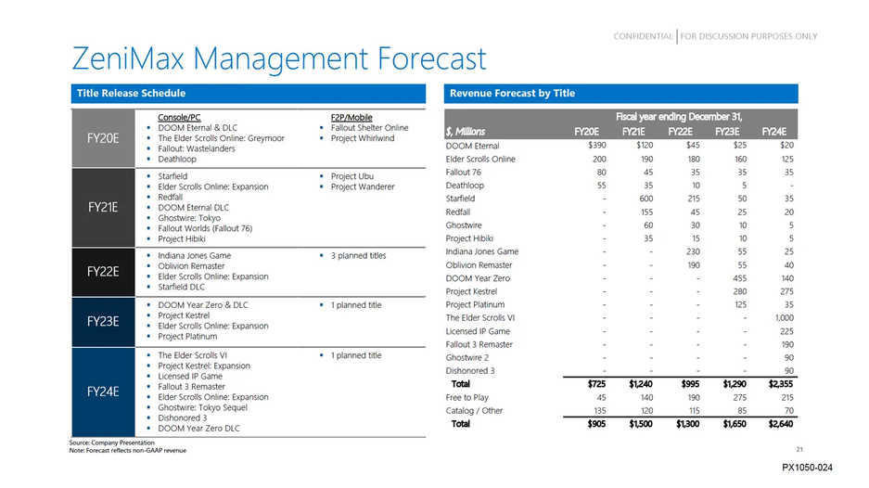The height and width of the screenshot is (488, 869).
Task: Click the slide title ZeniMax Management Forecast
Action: tap(278, 59)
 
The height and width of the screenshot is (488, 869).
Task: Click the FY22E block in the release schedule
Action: tap(103, 272)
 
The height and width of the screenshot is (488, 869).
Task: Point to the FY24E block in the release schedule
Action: tap(103, 392)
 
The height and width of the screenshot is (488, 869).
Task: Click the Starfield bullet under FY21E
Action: tap(173, 176)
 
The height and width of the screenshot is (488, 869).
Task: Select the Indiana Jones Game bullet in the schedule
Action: tap(195, 255)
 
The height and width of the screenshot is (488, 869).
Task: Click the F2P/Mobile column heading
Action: tap(351, 118)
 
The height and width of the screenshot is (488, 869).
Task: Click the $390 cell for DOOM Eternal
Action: tap(596, 146)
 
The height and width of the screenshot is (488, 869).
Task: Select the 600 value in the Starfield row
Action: tap(641, 199)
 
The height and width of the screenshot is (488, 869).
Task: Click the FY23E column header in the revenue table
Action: tap(730, 131)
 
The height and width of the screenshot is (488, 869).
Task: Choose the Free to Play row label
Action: tap(468, 397)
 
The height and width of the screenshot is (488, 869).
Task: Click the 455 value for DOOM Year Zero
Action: tap(737, 278)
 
